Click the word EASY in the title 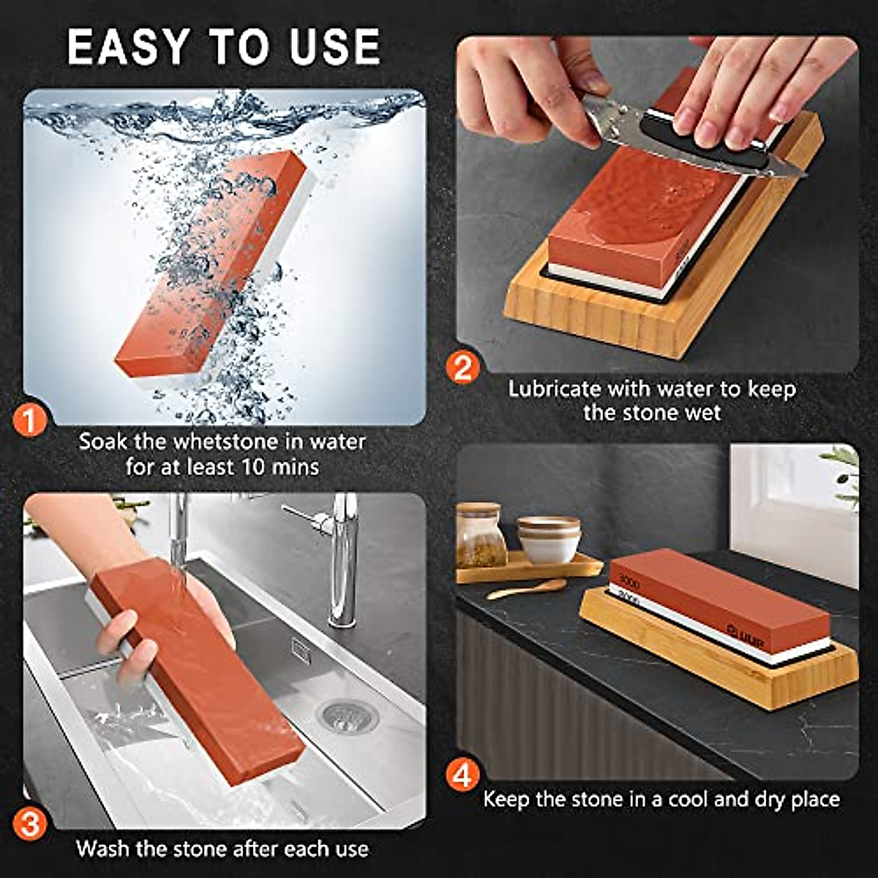[128, 48]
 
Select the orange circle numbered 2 [463, 367]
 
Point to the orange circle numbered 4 [463, 775]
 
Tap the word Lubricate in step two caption [555, 389]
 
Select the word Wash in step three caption [103, 849]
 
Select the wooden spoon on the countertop [527, 589]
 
